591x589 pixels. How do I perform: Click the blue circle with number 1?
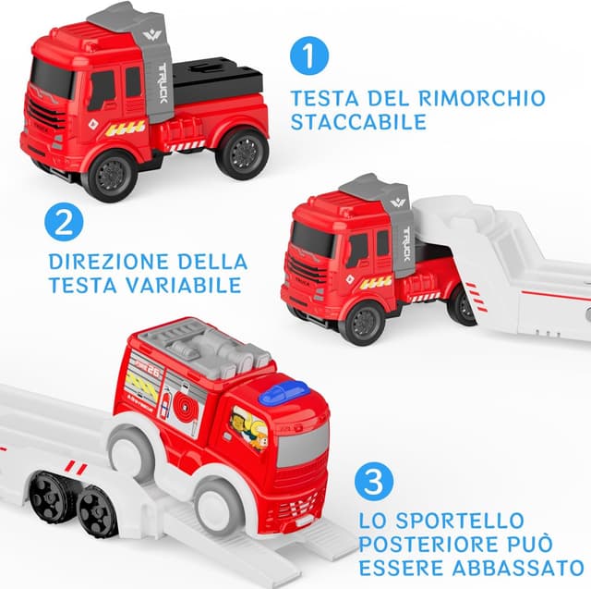click(x=308, y=55)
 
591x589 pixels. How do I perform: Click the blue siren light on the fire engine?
click(x=283, y=394)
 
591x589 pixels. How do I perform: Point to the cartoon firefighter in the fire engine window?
click(x=248, y=430)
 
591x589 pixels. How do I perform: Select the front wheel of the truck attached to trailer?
click(x=362, y=320)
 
